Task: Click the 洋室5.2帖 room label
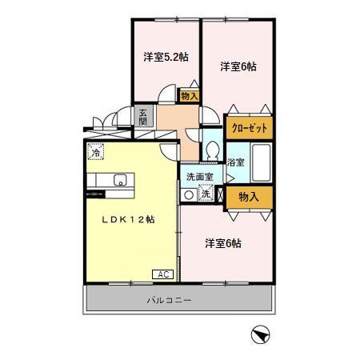point(166,57)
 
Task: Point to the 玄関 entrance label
point(142,116)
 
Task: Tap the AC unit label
point(162,274)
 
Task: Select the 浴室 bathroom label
point(236,162)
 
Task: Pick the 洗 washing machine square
point(205,194)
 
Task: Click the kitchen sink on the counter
point(121,179)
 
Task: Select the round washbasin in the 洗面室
point(189,194)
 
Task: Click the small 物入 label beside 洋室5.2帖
point(190,95)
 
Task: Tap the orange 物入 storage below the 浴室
point(248,196)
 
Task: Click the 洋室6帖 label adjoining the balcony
point(223,242)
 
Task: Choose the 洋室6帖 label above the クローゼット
point(238,67)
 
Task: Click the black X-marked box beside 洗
point(219,194)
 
